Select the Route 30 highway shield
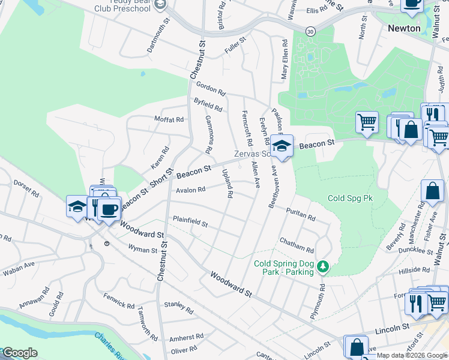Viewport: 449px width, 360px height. point(310,30)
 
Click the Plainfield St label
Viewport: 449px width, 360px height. point(190,223)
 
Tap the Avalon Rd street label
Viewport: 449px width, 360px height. point(190,190)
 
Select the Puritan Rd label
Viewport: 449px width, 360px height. point(301,215)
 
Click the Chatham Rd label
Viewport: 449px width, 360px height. point(297,245)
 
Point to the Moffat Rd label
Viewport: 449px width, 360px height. point(169,119)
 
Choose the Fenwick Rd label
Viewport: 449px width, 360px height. point(119,301)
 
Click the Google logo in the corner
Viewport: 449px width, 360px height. point(19,352)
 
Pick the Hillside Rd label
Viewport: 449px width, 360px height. point(414,271)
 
